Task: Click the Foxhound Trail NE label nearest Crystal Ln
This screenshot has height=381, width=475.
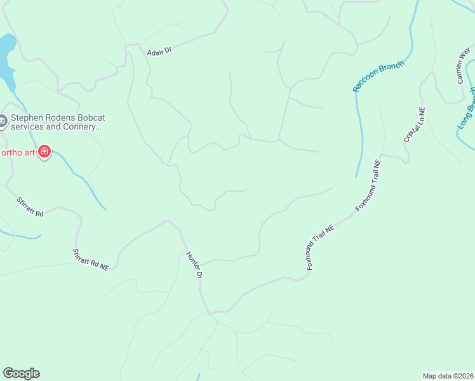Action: [x=368, y=186]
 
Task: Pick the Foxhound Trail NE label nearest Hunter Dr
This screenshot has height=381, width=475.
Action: [x=319, y=248]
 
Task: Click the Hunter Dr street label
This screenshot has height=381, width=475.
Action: [x=194, y=265]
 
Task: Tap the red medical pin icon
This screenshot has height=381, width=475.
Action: [x=44, y=152]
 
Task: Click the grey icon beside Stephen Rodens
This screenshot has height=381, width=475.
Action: [x=3, y=121]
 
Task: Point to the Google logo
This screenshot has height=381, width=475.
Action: [x=21, y=373]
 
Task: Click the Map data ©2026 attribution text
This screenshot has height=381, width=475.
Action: [x=448, y=375]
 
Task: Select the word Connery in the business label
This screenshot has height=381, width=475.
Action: [x=79, y=126]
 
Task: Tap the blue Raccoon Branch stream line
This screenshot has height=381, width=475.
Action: [x=360, y=127]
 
